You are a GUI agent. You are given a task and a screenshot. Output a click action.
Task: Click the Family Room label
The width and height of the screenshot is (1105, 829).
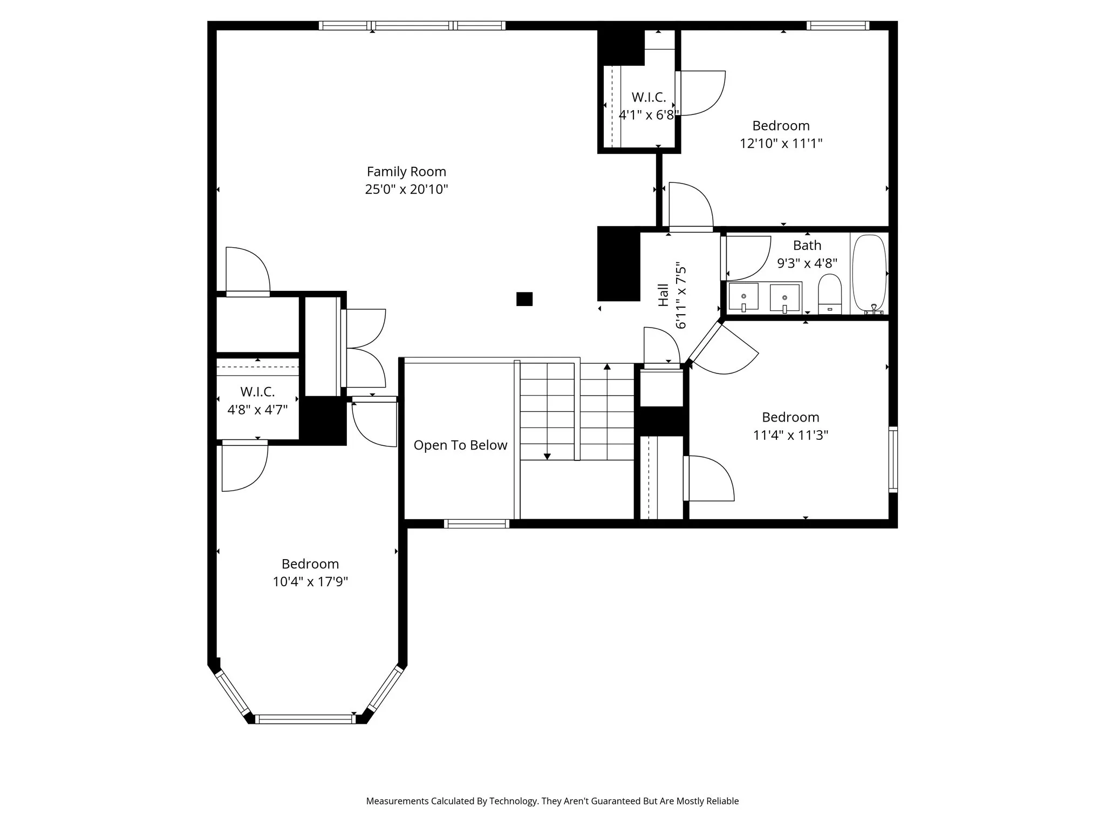click(406, 172)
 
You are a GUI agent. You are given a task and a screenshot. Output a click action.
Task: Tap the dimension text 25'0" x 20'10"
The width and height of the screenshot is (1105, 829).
click(406, 189)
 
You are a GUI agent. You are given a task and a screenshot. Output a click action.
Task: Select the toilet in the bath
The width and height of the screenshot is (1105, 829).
click(830, 294)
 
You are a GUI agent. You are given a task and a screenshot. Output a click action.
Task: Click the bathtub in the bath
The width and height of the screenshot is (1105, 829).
click(869, 273)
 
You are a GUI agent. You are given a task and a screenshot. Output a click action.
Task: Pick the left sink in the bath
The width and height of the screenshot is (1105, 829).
click(744, 297)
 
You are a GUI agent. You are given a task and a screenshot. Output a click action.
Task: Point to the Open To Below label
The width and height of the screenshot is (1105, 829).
click(460, 445)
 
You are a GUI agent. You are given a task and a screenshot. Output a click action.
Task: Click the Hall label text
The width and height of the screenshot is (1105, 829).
click(664, 295)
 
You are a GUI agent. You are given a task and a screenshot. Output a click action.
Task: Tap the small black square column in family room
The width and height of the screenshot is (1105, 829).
click(524, 299)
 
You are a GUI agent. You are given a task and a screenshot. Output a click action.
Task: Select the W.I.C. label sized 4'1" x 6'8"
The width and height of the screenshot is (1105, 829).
click(649, 98)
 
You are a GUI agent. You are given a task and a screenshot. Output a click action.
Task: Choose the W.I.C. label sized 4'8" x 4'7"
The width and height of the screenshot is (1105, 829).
click(257, 392)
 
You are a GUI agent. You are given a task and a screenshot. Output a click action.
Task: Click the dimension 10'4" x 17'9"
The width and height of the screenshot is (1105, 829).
click(310, 582)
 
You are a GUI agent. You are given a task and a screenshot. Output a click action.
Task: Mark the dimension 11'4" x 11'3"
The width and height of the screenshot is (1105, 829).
click(790, 435)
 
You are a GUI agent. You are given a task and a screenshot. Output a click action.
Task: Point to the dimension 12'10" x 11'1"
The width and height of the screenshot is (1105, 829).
click(781, 144)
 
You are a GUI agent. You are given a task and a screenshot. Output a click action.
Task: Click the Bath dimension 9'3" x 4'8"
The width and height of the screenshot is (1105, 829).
click(807, 263)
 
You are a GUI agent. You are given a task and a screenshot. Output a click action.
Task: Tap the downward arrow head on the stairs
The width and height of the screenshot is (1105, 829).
click(547, 457)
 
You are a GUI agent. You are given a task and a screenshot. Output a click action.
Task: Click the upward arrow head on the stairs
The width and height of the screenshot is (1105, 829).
click(607, 367)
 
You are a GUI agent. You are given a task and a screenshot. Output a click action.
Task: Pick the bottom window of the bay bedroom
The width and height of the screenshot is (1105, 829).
click(305, 719)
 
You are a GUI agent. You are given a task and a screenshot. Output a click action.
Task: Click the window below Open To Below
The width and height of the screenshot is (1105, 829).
click(476, 524)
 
